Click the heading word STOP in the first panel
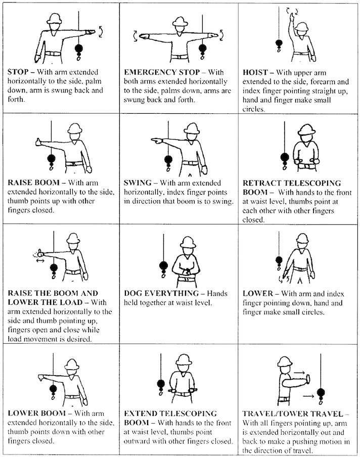[x=18, y=72]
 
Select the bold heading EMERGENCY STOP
[x=162, y=72]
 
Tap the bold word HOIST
[x=255, y=72]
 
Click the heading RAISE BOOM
[x=34, y=182]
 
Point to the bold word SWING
[x=138, y=183]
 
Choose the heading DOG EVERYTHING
[x=161, y=293]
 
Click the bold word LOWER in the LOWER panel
[x=258, y=294]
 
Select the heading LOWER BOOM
[x=36, y=414]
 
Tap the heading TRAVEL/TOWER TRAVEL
[x=293, y=414]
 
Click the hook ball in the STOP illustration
[x=79, y=49]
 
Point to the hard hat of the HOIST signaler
[x=301, y=27]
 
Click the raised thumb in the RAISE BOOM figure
[x=38, y=142]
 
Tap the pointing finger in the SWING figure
[x=156, y=141]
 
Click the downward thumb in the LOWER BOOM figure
[x=41, y=378]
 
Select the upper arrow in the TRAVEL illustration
[x=299, y=373]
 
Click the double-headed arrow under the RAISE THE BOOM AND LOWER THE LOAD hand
[x=40, y=260]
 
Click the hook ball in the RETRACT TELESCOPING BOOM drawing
[x=285, y=158]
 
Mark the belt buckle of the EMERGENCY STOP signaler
[x=178, y=57]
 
